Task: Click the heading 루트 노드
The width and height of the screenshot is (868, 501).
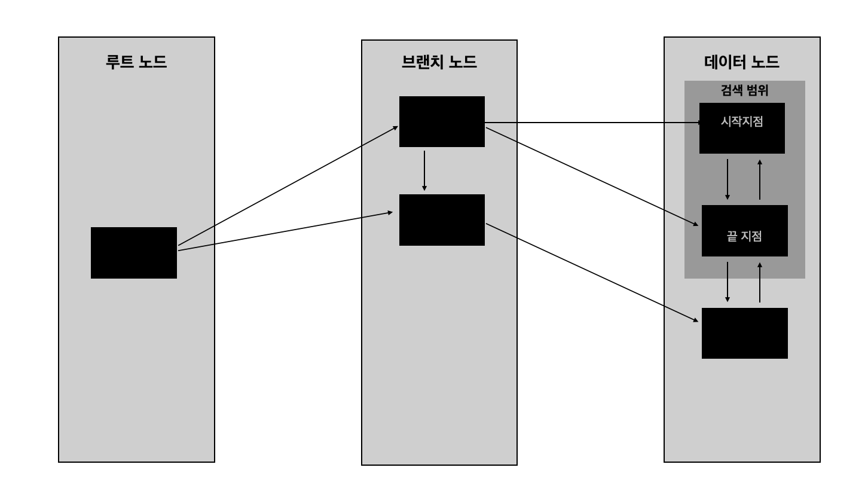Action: (x=136, y=62)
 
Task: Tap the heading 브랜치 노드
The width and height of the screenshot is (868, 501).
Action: (x=439, y=62)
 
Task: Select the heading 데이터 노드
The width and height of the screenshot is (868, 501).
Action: (x=742, y=62)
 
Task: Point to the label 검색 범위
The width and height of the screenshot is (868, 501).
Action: (x=744, y=91)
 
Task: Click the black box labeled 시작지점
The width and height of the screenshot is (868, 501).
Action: (x=742, y=128)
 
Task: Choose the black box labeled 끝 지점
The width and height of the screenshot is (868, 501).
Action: (x=744, y=231)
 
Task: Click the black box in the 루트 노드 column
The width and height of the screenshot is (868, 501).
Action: (x=134, y=252)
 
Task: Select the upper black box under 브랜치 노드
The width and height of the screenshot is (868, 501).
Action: (x=442, y=121)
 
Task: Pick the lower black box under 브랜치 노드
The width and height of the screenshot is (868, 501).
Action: (x=442, y=220)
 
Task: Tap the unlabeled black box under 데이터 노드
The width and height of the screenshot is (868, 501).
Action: (x=744, y=333)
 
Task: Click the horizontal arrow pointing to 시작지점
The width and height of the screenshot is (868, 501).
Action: (x=592, y=123)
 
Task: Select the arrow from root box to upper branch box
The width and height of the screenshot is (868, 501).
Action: (x=288, y=185)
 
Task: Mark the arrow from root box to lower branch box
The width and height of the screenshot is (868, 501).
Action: (x=285, y=231)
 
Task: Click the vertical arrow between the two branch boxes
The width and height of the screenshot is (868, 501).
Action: (x=424, y=170)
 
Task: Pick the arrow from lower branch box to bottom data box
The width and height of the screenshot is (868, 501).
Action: (x=592, y=273)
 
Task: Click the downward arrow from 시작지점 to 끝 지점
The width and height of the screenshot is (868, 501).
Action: (x=728, y=179)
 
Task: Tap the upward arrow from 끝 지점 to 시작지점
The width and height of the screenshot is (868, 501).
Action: (x=760, y=179)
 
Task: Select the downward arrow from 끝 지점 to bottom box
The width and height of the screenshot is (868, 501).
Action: (x=728, y=282)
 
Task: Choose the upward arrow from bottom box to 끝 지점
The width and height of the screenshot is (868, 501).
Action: (x=760, y=282)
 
